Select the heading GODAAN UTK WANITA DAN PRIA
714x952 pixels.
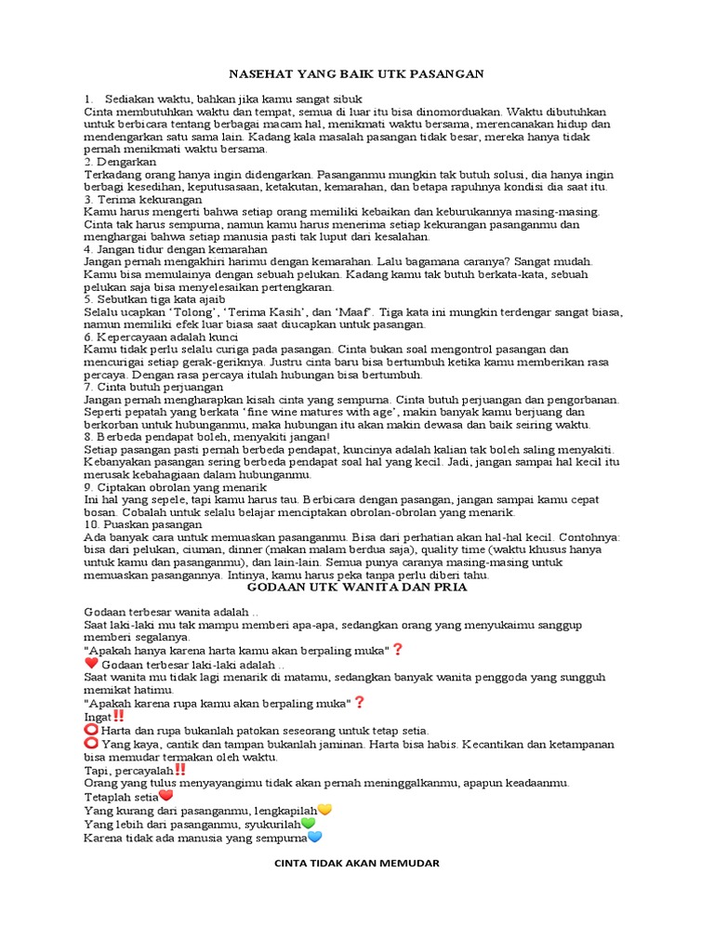point(356,588)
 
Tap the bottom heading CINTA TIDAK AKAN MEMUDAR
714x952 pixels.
point(356,863)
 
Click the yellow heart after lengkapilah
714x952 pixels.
point(324,810)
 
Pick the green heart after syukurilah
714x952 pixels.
point(308,824)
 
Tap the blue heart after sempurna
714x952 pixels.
point(314,838)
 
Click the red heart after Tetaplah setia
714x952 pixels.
point(166,796)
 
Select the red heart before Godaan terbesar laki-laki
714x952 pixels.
point(91,664)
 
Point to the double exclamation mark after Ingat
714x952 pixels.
point(118,717)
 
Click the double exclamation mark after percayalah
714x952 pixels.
point(180,770)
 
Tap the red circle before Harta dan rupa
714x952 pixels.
point(91,731)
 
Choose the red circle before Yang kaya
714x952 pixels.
point(91,744)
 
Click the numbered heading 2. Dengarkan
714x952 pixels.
point(120,162)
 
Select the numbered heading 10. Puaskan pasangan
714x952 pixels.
point(143,524)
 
